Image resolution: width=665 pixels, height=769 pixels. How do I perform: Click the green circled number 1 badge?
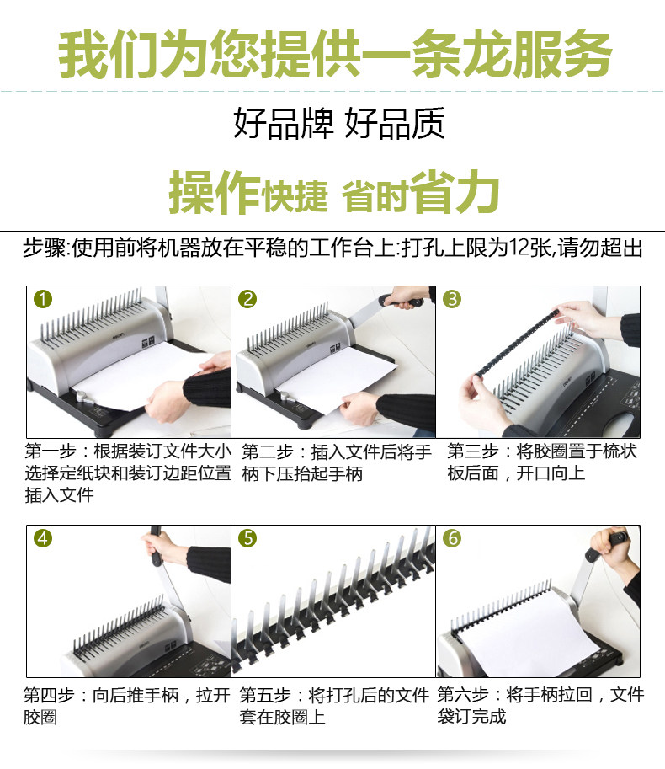[x=43, y=299]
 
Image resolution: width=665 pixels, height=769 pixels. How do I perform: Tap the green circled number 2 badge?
[x=247, y=299]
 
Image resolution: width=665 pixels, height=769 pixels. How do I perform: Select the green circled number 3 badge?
[x=452, y=299]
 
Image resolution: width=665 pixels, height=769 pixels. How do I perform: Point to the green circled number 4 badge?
[x=43, y=538]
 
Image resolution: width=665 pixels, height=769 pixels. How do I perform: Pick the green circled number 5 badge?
[x=247, y=538]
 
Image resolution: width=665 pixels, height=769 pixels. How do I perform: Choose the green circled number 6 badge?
[x=452, y=538]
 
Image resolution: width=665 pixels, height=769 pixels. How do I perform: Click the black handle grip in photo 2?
[x=401, y=301]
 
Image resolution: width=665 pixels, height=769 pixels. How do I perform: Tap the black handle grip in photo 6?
[x=607, y=544]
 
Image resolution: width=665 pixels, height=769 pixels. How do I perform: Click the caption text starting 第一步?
[x=128, y=473]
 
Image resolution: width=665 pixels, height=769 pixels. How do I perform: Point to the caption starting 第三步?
[x=542, y=462]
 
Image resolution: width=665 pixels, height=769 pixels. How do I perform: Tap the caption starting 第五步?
[x=334, y=706]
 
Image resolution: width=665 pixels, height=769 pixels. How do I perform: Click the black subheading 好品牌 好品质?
[x=339, y=123]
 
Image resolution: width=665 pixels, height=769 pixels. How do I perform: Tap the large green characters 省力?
[x=455, y=192]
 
